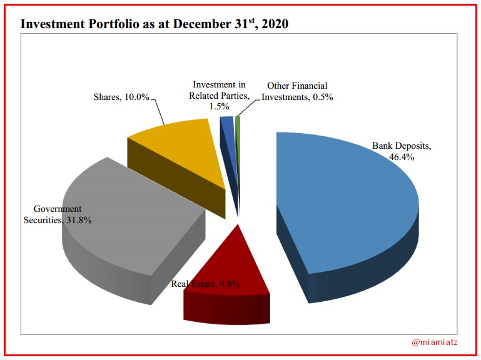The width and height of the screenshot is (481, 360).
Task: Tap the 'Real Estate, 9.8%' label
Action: (206, 285)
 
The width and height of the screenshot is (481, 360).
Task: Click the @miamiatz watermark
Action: (438, 342)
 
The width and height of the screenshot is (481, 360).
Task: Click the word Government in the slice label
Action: (58, 209)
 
